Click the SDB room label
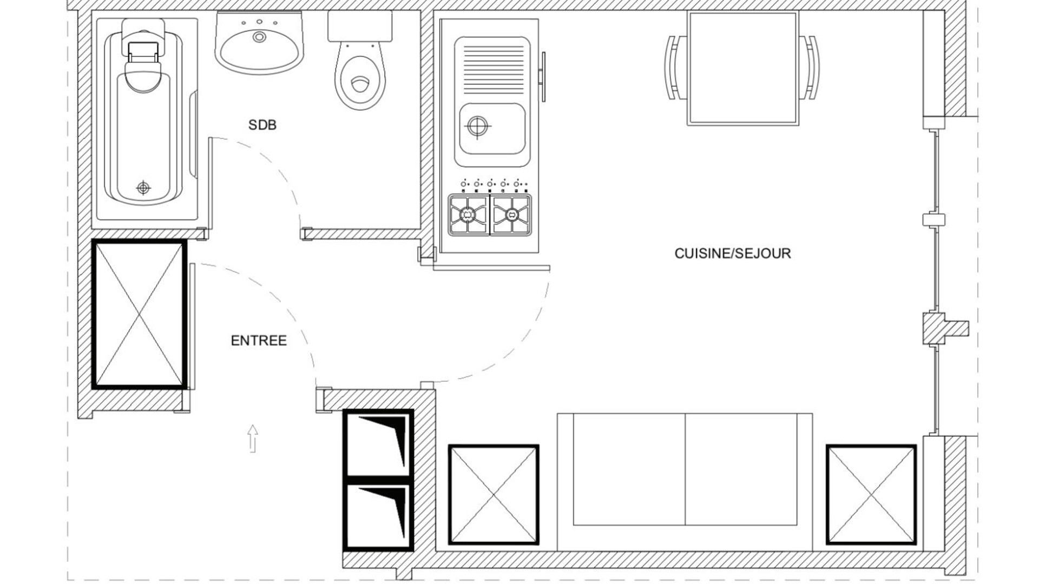262,125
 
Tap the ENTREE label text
259,341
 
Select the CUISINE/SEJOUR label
733,253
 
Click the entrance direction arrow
253,439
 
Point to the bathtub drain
143,188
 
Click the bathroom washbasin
259,43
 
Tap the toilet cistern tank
360,26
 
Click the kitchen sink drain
477,127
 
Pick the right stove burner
511,215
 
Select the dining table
743,68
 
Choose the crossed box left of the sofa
494,494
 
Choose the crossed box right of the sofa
871,494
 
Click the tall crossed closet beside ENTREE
140,314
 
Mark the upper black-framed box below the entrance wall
379,443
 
